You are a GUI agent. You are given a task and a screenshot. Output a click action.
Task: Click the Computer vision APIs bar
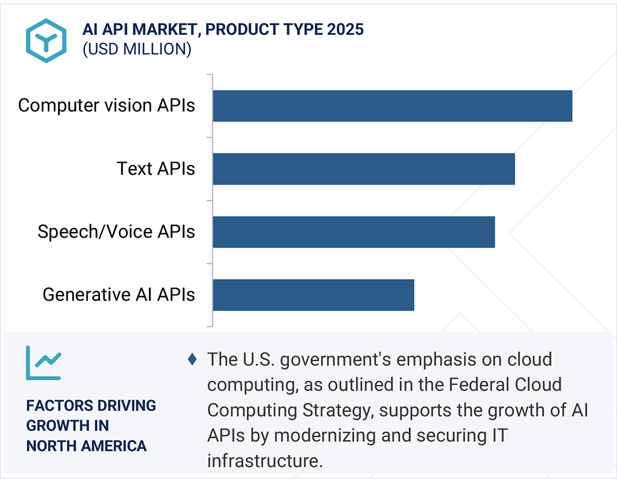point(392,106)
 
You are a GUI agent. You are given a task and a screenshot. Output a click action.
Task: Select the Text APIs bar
point(364,169)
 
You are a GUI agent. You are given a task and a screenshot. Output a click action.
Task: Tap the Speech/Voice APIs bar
point(354,232)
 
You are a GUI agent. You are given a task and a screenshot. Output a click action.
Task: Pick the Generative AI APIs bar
point(313,295)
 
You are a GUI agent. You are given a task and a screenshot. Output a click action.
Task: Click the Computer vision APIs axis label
point(107,105)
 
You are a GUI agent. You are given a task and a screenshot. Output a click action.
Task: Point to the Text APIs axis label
point(156,169)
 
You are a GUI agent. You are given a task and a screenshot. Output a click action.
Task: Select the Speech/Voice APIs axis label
point(116,232)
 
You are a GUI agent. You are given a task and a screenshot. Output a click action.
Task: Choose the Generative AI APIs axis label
point(119,295)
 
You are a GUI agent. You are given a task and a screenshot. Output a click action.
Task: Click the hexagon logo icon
point(46,41)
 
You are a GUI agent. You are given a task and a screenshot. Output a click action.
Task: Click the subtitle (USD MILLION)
point(137,49)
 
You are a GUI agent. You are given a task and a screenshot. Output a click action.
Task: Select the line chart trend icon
point(44,363)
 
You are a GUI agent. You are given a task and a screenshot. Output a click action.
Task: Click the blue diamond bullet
point(192,360)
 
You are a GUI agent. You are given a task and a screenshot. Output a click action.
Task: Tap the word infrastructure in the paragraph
point(264,461)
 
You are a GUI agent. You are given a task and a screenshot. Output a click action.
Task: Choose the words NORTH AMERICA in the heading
point(86,446)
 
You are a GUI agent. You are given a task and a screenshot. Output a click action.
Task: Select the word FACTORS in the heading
point(57,406)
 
